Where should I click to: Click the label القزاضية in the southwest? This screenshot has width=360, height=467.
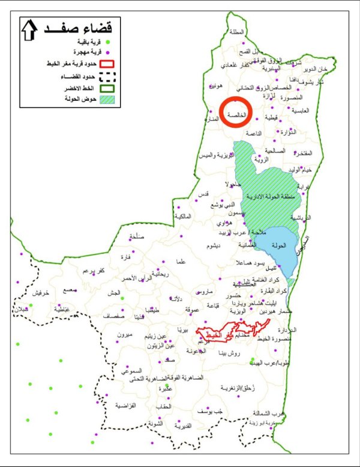pos(125,406)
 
